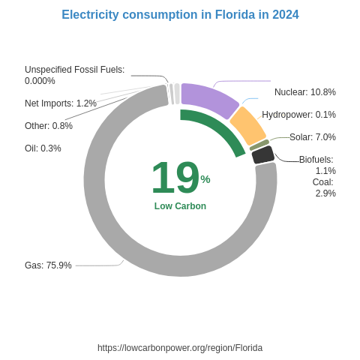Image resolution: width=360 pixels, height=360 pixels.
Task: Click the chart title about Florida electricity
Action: tap(180, 15)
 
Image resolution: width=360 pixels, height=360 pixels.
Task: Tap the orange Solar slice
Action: tap(247, 125)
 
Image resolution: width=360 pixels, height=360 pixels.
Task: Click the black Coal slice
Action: tap(262, 154)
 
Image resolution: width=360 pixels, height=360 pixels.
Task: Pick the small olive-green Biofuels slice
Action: tap(259, 144)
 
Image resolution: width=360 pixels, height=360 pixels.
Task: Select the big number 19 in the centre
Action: tap(175, 178)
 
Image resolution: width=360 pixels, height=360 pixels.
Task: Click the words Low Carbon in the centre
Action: tap(180, 206)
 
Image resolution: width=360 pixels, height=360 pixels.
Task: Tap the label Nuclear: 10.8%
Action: tap(304, 92)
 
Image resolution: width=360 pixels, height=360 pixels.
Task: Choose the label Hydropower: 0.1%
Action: tap(298, 115)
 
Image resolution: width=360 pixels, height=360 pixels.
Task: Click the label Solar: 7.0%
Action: tap(312, 137)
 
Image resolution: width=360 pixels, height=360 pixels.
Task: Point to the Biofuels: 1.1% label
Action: tap(317, 165)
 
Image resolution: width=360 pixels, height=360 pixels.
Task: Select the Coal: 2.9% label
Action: tap(324, 187)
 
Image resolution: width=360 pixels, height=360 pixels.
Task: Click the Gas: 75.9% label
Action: tap(48, 265)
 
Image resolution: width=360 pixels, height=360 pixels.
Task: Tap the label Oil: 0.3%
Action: tap(43, 148)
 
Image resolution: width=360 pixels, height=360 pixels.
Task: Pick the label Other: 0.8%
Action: tap(48, 126)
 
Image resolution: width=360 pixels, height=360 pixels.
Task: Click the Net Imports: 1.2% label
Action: tap(60, 103)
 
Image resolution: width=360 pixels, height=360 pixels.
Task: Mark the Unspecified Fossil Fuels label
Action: tap(74, 75)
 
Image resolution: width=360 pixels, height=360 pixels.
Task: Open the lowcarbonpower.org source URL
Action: tap(180, 348)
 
